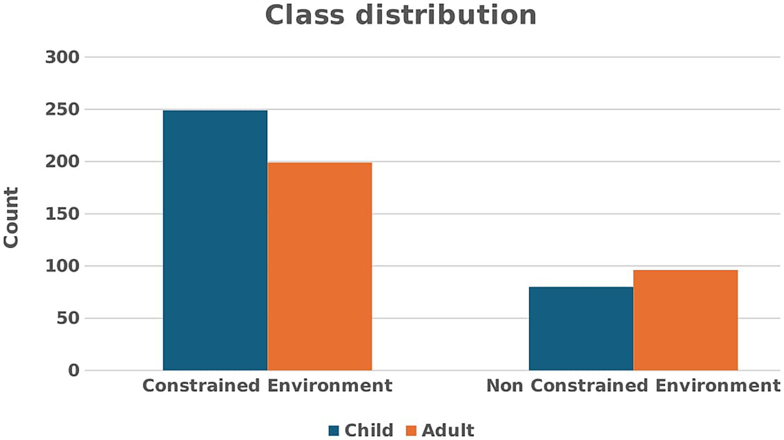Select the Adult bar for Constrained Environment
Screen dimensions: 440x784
pos(320,267)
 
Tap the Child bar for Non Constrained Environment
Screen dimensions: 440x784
pos(581,329)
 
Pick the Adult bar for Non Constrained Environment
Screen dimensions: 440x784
pos(686,320)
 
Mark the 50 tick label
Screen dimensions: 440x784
pos(67,319)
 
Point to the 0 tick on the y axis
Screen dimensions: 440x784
pos(74,371)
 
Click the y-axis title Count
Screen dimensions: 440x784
pos(11,218)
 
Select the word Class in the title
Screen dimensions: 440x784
pos(305,15)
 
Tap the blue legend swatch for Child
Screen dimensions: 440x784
pos(334,431)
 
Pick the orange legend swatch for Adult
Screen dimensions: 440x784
pos(412,431)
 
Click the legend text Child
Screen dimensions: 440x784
pos(369,430)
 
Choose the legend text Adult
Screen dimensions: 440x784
pos(448,430)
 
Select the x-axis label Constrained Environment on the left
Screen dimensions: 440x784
pos(267,386)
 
